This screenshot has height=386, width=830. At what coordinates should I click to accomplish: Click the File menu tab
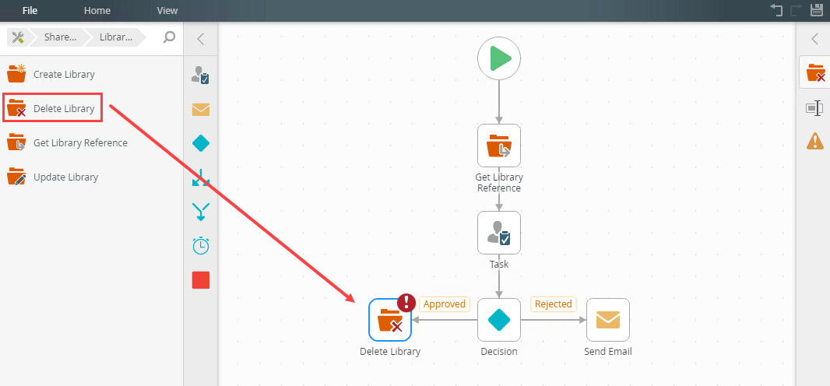pos(30,11)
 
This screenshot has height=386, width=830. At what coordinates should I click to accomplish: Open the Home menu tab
pos(97,11)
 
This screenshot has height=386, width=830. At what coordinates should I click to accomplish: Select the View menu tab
pos(167,11)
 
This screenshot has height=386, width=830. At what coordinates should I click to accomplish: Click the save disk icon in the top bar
pos(817,10)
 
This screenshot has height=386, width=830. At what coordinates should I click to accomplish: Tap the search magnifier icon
pos(169,37)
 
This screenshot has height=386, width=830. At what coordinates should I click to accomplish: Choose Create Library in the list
pos(64,75)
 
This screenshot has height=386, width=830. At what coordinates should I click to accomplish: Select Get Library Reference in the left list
pos(80,143)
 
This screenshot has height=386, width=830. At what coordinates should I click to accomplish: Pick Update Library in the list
pos(65,177)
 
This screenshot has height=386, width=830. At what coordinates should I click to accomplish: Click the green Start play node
pos(499,58)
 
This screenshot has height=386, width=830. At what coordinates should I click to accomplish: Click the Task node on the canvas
pos(499,233)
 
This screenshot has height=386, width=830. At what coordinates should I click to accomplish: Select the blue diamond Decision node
pos(499,320)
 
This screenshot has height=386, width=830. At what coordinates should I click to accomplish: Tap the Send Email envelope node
pos(608,320)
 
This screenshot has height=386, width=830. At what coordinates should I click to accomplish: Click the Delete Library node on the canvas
pos(390,320)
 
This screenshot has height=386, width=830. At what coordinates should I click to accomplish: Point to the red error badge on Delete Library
pos(406,303)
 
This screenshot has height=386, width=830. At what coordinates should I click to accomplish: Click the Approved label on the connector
pos(444,304)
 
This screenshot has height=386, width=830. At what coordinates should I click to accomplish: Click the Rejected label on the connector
pos(553,304)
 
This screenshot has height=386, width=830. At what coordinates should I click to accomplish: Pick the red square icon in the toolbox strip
pos(201,280)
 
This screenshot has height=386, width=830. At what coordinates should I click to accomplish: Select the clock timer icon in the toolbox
pos(201,246)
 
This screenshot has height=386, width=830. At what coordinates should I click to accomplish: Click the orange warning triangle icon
pos(815,141)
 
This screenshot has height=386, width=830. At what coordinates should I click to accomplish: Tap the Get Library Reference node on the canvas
pos(499,146)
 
